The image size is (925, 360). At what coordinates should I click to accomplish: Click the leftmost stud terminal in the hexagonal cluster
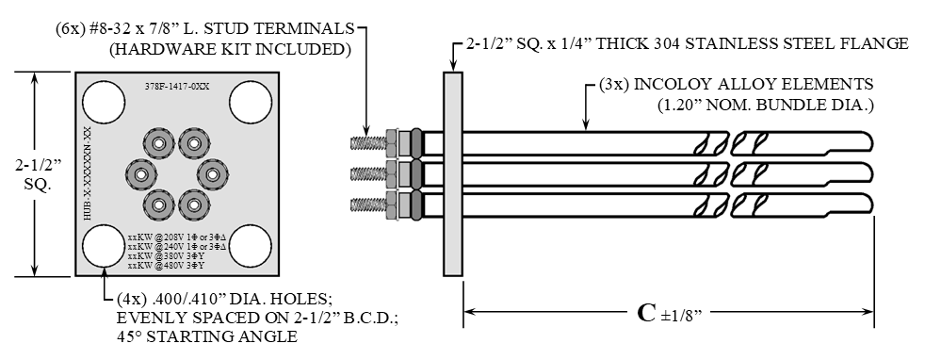140,174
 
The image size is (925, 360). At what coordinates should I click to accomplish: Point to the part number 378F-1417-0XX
177,86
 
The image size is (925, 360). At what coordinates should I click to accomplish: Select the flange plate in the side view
452,172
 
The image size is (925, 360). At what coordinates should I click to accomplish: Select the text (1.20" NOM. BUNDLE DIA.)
764,105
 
